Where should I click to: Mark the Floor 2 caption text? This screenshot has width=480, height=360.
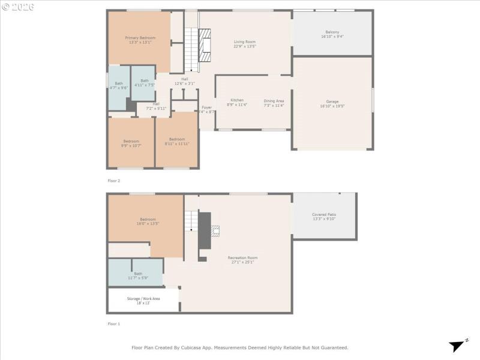pos(113,180)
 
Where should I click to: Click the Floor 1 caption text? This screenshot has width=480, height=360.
pos(113,324)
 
